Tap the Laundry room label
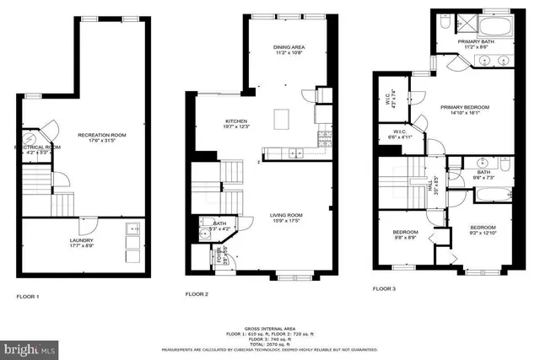(81, 242)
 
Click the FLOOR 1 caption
(29, 297)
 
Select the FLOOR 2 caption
(197, 294)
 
